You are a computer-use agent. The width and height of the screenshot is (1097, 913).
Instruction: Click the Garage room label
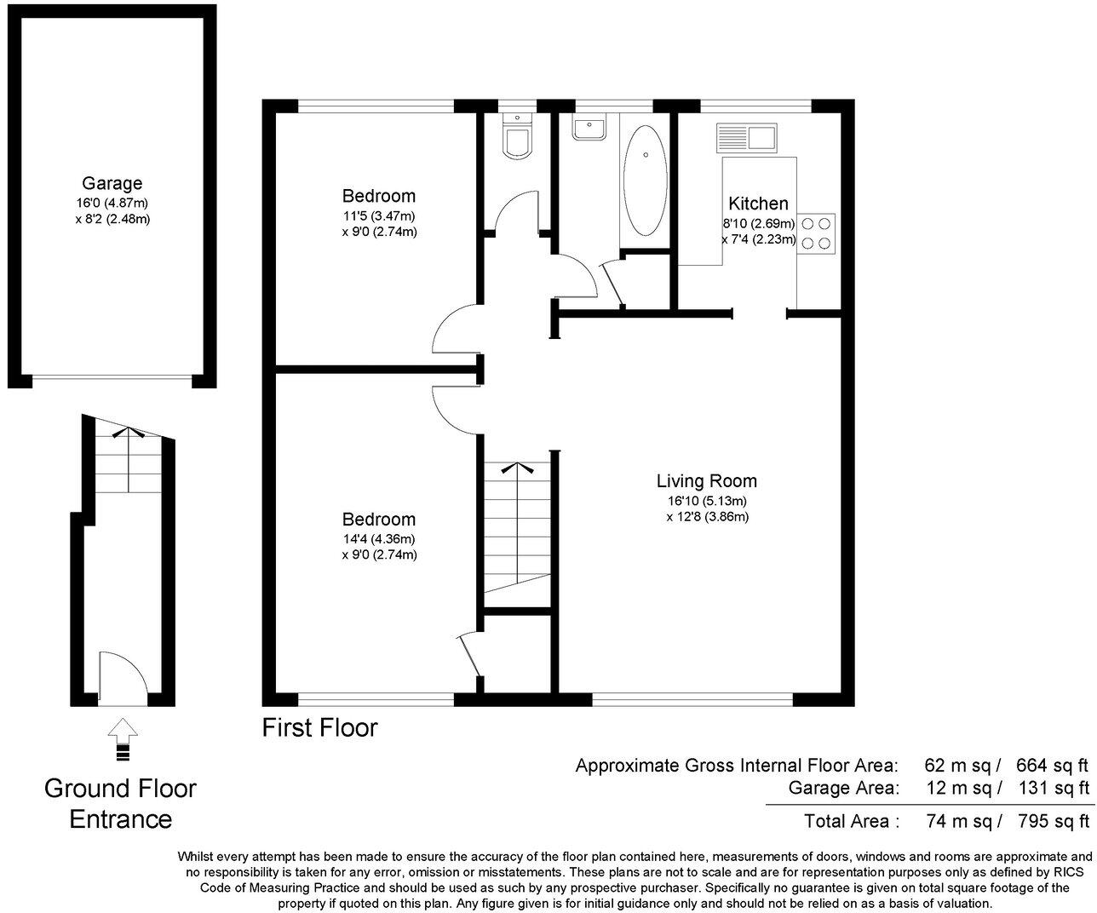coord(112,183)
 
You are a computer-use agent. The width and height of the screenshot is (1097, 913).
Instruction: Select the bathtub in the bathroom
coord(646,181)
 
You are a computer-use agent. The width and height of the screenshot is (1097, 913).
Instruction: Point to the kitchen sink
coord(747,137)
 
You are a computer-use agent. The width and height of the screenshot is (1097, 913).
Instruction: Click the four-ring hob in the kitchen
coord(817,233)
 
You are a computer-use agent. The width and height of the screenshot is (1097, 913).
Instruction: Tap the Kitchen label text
coord(758,204)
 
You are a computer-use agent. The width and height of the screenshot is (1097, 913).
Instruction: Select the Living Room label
coord(707,481)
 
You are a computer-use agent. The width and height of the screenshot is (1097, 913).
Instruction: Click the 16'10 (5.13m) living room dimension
coord(707,501)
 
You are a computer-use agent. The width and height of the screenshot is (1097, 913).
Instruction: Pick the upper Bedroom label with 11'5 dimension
coord(378,196)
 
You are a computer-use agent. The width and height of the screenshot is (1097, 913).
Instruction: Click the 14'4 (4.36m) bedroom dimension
coord(378,538)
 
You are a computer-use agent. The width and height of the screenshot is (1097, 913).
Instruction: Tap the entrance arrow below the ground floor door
coord(123,738)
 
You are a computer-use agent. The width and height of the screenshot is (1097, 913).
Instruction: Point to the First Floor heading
coord(319,728)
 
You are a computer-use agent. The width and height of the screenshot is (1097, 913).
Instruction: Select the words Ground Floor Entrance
coord(120,803)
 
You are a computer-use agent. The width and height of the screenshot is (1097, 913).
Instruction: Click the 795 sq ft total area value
coord(1053,821)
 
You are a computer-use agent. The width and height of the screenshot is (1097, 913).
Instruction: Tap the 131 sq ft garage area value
coord(1053,788)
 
